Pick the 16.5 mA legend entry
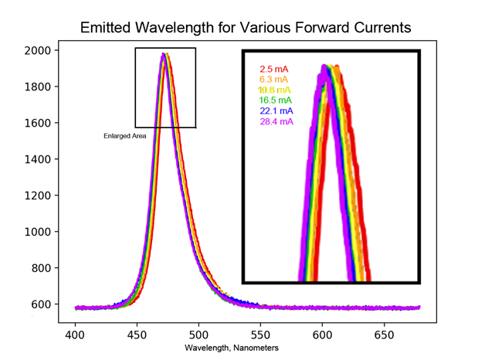275,100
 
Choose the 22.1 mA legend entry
275,110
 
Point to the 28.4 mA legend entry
276,121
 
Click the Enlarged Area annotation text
125,136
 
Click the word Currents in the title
379,28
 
